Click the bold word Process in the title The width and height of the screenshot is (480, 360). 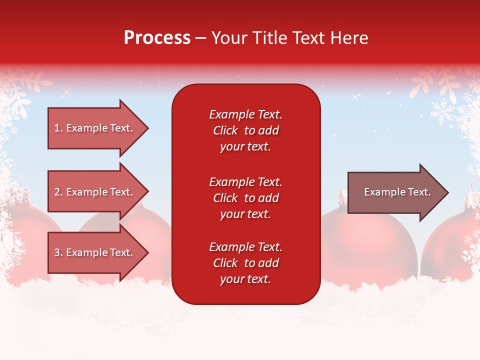[x=157, y=37]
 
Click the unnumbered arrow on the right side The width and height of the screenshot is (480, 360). [x=395, y=192]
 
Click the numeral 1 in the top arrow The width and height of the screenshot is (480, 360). [x=57, y=128]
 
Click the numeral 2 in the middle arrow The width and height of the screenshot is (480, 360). [x=57, y=192]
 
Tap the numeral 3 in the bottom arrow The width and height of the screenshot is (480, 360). [x=57, y=252]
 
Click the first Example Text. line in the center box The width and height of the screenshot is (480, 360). [x=245, y=114]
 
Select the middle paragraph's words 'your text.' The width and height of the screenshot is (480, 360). [x=245, y=214]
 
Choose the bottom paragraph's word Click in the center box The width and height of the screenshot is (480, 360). [x=225, y=263]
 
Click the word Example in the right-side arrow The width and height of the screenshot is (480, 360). [x=381, y=192]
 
